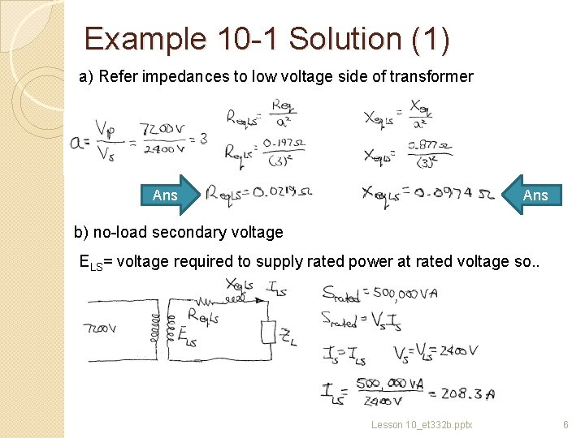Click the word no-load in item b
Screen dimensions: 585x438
[x=119, y=232]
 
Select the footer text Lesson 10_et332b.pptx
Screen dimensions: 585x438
[x=422, y=425]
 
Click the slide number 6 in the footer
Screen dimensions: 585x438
[x=566, y=425]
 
